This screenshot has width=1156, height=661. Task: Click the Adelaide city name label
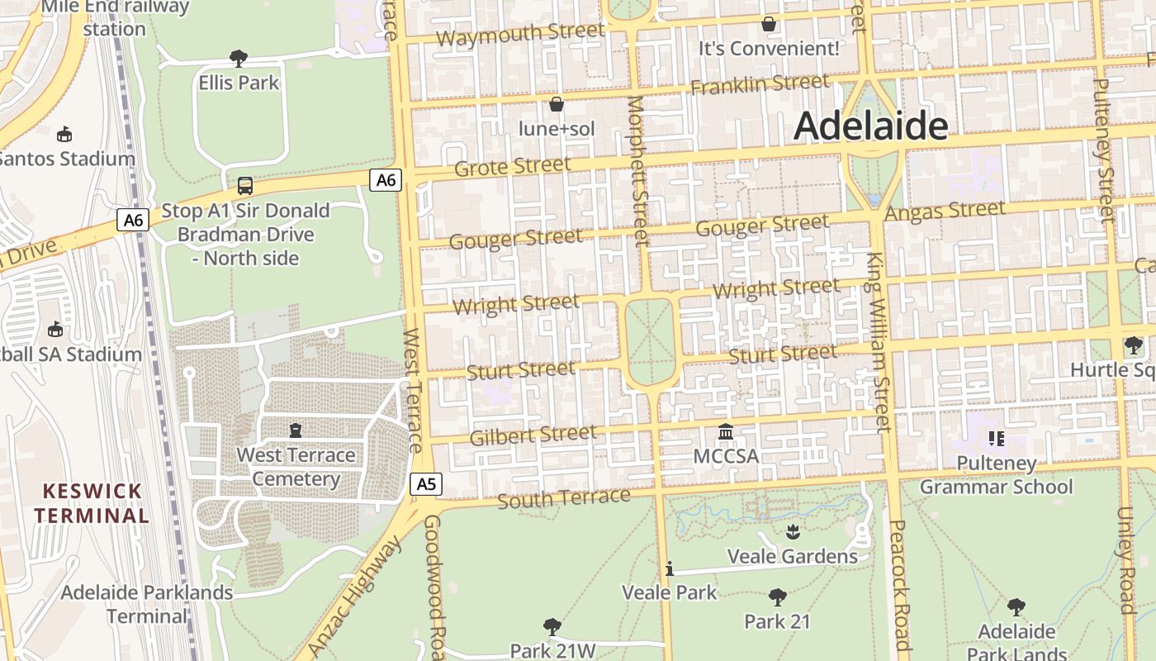870,126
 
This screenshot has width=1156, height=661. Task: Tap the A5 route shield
425,484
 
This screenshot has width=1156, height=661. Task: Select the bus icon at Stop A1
245,186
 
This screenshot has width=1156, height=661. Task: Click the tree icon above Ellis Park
239,58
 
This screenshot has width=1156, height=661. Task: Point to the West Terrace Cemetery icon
296,430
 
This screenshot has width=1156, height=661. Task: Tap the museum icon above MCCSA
726,432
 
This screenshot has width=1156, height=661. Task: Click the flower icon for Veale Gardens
793,531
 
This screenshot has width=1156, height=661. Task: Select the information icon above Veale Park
670,568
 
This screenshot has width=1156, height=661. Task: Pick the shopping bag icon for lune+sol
557,104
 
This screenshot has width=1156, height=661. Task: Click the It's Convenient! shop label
768,49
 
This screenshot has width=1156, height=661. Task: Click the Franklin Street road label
760,84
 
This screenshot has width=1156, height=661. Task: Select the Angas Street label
945,212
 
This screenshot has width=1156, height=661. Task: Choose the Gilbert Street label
533,435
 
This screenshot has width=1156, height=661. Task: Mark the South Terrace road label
563,498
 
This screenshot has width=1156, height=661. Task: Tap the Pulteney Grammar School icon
996,438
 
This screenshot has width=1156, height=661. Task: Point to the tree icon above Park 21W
552,627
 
